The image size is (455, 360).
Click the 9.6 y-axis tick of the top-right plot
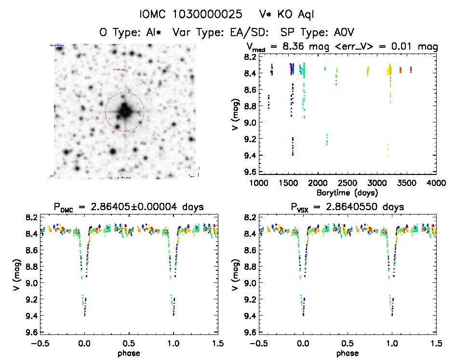(x=250, y=172)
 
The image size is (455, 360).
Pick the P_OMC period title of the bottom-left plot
(x=128, y=207)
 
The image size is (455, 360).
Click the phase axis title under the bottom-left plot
(x=129, y=352)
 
